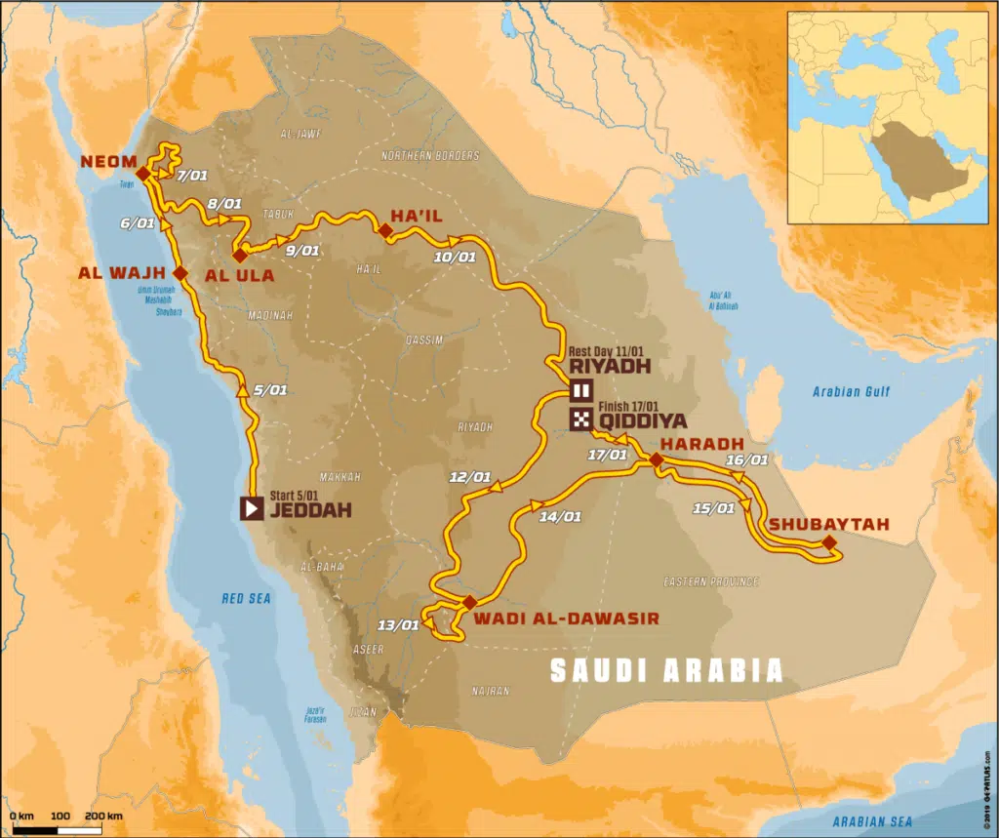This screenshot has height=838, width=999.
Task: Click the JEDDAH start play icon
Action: [x=252, y=507]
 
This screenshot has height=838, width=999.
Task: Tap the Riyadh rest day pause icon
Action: [x=581, y=392]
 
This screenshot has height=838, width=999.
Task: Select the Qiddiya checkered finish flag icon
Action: [x=581, y=420]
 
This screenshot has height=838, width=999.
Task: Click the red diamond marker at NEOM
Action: [x=142, y=174]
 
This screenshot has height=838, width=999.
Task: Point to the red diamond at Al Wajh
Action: [x=180, y=273]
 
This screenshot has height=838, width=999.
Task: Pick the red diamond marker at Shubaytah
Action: [x=828, y=542]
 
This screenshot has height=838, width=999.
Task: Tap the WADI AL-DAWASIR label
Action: [x=566, y=618]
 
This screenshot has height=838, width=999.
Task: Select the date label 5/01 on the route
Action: [x=269, y=389]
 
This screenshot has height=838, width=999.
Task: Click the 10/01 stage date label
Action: [x=454, y=258]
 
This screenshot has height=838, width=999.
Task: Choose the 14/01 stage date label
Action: [x=560, y=517]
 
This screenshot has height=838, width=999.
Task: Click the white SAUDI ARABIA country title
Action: [x=667, y=670]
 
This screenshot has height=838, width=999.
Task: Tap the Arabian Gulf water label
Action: [x=851, y=392]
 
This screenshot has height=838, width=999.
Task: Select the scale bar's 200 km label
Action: [x=103, y=815]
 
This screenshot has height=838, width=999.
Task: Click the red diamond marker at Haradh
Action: [x=656, y=459]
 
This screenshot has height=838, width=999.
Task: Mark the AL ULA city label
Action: [x=239, y=276]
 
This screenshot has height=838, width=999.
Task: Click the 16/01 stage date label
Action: [x=748, y=459]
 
